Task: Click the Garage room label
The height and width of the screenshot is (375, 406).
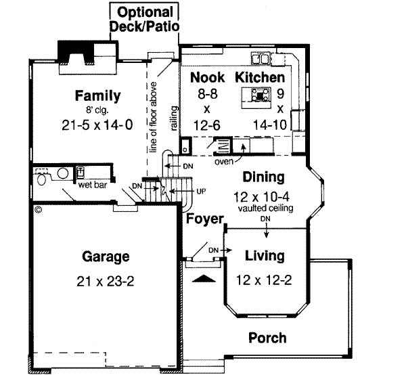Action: [106, 257]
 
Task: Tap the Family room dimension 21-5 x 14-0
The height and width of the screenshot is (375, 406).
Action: [97, 125]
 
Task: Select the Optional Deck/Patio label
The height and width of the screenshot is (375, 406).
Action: [145, 19]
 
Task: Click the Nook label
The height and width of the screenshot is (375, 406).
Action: [208, 77]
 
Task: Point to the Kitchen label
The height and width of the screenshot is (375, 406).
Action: [260, 77]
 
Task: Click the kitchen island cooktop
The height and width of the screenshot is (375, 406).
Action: [259, 95]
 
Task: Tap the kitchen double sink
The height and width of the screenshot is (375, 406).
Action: [261, 58]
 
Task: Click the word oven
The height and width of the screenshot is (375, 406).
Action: [224, 162]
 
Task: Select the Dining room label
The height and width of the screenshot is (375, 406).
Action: [264, 177]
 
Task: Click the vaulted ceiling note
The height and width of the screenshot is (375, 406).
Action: [266, 208]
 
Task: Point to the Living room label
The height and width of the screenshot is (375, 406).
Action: [265, 256]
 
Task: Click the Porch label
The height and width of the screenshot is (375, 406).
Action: [267, 338]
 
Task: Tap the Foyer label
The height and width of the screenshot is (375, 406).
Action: [205, 219]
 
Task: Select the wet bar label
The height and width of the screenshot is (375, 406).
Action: [93, 185]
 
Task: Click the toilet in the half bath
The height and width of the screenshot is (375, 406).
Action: [41, 179]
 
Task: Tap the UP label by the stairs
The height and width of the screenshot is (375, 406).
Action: [201, 192]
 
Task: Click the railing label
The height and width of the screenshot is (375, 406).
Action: [175, 118]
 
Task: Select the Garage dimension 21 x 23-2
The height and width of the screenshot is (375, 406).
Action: [106, 281]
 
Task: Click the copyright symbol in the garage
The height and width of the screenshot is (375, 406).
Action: [39, 209]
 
